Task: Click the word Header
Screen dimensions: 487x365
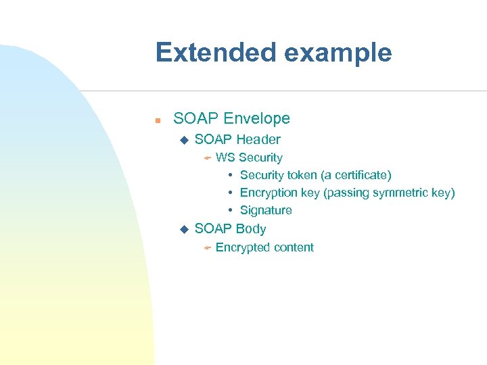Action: coord(257,139)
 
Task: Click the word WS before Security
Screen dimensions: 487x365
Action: coord(225,157)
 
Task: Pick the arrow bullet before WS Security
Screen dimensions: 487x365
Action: coord(207,158)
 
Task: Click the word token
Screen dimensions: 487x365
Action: coord(302,175)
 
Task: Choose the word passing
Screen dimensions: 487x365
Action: coord(345,193)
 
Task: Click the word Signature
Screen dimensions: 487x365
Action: coord(266,210)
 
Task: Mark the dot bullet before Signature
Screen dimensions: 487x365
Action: coord(231,210)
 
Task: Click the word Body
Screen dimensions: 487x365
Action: coord(251,228)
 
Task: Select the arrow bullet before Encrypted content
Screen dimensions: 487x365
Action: coord(207,248)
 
